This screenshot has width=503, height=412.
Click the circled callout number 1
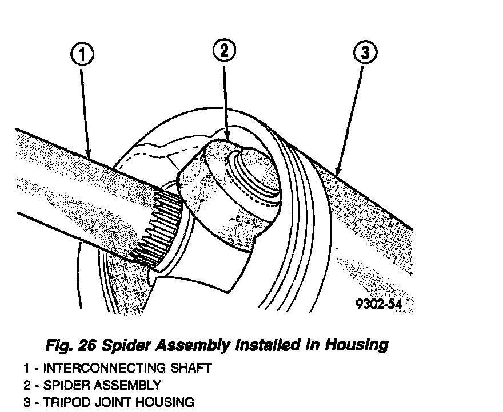(82, 55)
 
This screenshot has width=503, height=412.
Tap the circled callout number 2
(224, 51)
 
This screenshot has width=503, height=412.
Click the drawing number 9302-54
(378, 304)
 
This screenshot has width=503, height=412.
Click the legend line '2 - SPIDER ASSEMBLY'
(92, 385)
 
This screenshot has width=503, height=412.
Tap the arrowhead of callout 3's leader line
(336, 175)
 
